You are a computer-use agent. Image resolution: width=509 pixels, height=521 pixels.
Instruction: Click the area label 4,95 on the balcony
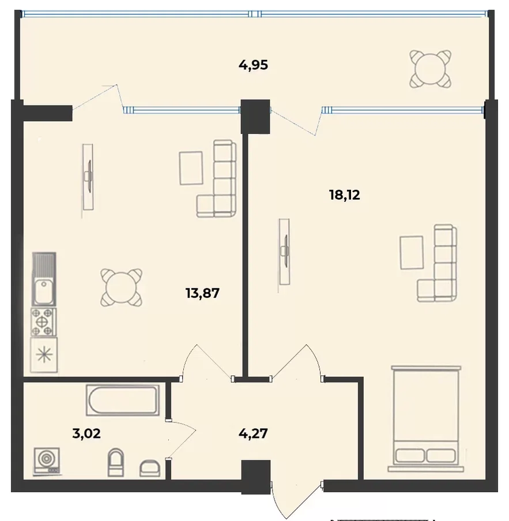(x=253, y=65)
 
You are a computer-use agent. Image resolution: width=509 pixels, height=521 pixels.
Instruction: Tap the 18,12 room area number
(x=344, y=194)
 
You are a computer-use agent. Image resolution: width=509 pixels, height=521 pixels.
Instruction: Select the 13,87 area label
(x=202, y=293)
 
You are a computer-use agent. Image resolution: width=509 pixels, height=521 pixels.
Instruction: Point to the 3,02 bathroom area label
(x=86, y=433)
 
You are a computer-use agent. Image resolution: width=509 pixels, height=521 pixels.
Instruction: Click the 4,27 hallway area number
(x=253, y=433)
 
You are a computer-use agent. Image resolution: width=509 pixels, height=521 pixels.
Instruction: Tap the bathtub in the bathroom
(x=123, y=400)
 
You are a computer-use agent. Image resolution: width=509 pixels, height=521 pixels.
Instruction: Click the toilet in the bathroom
(x=116, y=462)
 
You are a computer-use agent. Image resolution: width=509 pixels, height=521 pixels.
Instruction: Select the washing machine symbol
(x=47, y=460)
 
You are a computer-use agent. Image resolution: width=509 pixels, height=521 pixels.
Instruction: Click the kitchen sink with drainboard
(x=44, y=279)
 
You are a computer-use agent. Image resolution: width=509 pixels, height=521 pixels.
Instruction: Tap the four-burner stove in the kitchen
(x=44, y=322)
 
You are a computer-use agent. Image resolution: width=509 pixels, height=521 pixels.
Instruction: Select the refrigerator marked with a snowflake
(x=44, y=355)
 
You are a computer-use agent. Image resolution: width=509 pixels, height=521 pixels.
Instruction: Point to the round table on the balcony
(x=430, y=69)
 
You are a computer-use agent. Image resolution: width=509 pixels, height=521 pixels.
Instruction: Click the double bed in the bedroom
(x=426, y=418)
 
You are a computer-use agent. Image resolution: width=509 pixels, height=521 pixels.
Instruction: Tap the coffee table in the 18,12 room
(x=412, y=253)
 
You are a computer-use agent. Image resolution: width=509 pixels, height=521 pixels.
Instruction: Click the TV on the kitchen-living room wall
(x=88, y=177)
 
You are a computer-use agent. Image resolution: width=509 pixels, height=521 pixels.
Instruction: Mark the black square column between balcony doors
(x=255, y=117)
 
